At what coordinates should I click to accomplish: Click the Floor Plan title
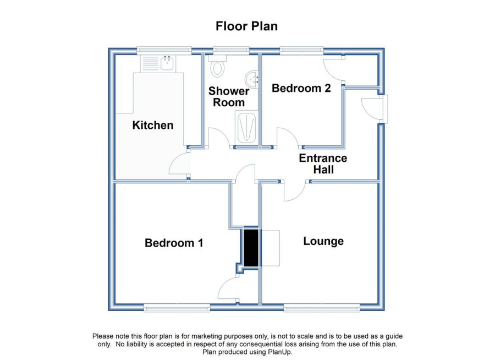tap(246, 26)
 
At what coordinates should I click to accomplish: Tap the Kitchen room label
tap(153, 125)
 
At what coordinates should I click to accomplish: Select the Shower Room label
tap(229, 97)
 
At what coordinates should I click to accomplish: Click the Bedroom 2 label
tap(301, 88)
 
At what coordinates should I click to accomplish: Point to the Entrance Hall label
tap(323, 163)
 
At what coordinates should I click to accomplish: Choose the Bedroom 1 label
tap(174, 243)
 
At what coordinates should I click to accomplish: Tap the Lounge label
tap(323, 241)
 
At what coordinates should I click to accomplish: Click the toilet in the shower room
tap(217, 66)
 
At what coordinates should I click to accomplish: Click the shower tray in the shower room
tap(246, 127)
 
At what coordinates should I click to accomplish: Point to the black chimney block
tap(251, 248)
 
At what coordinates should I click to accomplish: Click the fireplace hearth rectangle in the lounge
tap(271, 248)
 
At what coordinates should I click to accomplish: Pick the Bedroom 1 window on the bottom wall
tap(177, 308)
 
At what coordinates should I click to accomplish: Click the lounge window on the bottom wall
tap(322, 308)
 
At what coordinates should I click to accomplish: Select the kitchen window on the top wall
tap(164, 51)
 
